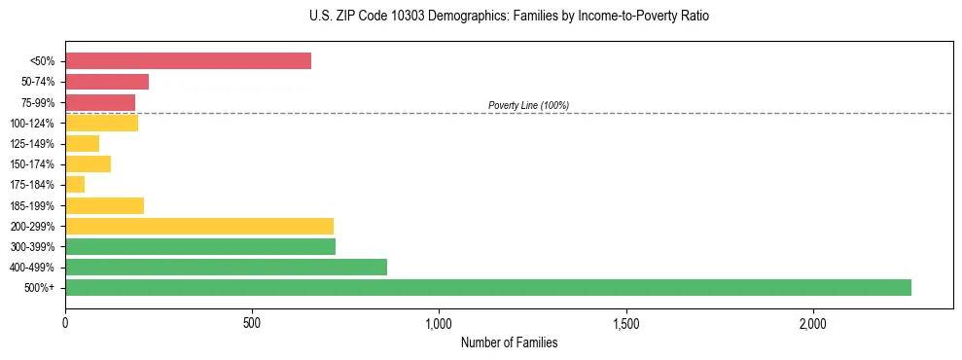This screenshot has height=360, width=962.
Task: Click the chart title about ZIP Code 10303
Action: coord(481,17)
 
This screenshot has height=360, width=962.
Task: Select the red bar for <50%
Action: coord(188,61)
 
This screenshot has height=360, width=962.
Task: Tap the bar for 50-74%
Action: coord(107,82)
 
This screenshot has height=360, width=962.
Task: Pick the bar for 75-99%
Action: coord(100,102)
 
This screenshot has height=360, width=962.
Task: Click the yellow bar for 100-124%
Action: coord(102,123)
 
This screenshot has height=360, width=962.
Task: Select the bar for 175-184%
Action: coord(75,185)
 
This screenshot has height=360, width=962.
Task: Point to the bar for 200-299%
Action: coord(199,226)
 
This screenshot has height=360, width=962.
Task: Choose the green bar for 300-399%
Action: coord(200,246)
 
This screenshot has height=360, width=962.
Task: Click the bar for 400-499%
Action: coord(226,267)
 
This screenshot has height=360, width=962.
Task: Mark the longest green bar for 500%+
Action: coord(488,287)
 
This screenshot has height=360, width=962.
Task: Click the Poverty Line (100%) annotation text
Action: coord(528,105)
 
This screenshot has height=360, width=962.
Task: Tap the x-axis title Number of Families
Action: coord(509,342)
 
